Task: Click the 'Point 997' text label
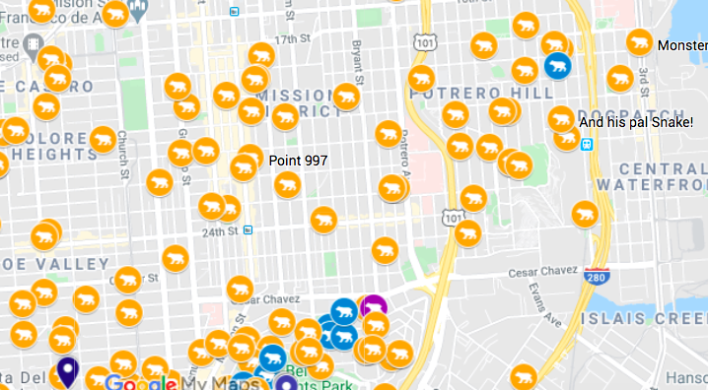tap(297, 161)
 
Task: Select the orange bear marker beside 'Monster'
tap(640, 43)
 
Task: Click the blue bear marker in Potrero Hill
tap(556, 67)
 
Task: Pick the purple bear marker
tap(373, 307)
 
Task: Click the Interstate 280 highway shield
tap(595, 275)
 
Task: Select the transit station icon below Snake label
tap(587, 144)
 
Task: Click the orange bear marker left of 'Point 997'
tap(244, 167)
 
